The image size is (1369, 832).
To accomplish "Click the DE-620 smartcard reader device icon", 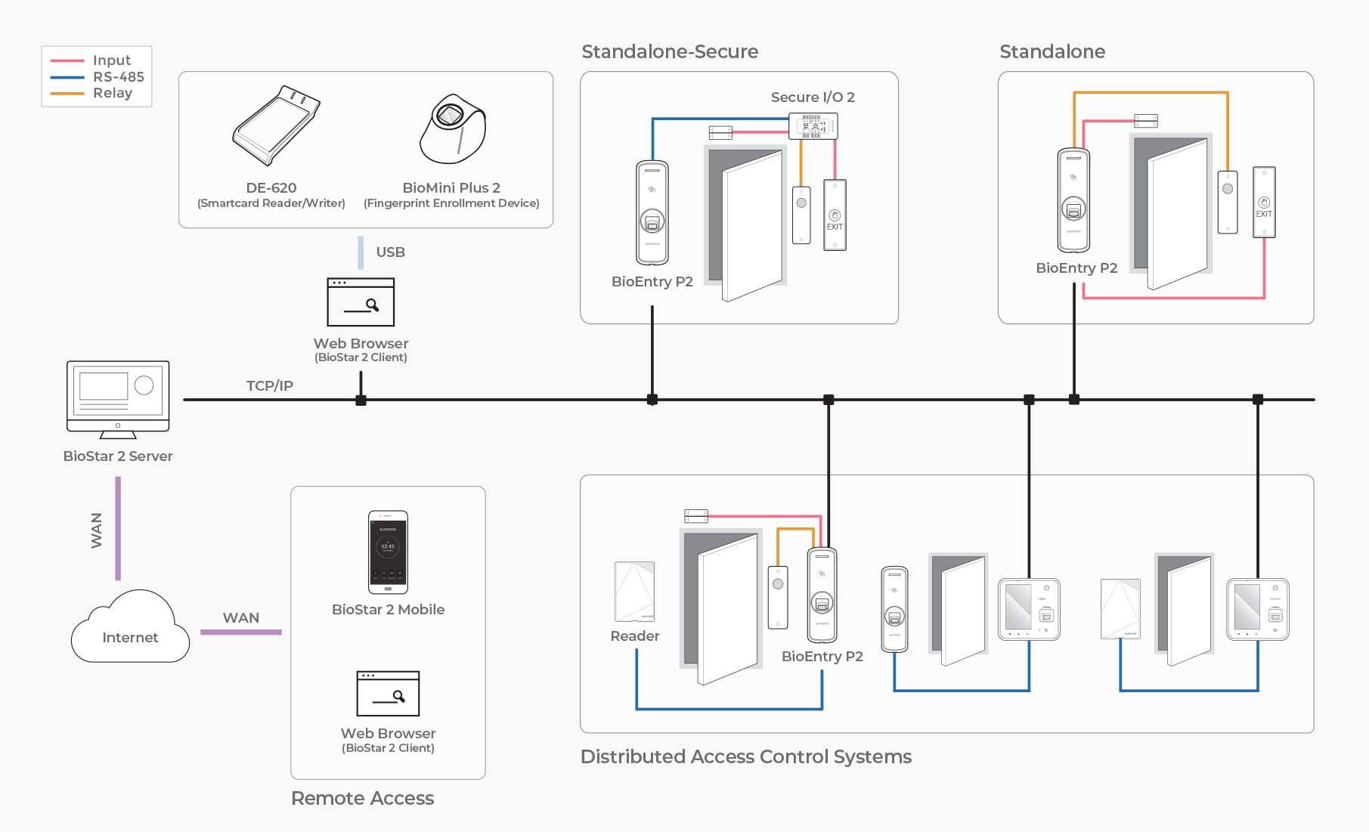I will click(x=275, y=126).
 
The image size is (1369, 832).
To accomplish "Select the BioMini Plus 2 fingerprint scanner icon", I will click(x=453, y=129).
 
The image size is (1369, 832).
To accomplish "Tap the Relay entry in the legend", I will click(x=112, y=93).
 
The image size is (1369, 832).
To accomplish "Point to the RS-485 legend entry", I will click(x=118, y=76).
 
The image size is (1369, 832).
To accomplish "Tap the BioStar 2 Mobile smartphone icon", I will click(x=388, y=552).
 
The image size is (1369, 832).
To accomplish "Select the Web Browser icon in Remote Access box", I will click(x=388, y=694).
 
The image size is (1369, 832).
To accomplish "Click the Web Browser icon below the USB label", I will click(x=361, y=302).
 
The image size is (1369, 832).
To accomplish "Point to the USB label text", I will click(x=390, y=252).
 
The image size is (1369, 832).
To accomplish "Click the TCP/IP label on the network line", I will click(x=269, y=385).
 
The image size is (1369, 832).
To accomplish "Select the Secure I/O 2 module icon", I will click(x=813, y=126).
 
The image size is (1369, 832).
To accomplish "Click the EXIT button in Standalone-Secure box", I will click(x=835, y=215).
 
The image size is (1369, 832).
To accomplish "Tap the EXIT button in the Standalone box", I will click(x=1264, y=203).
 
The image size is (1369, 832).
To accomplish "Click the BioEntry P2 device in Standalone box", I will click(x=1073, y=200).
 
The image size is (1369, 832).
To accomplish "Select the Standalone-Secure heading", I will click(x=670, y=51).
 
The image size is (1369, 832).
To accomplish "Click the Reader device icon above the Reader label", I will click(x=635, y=591).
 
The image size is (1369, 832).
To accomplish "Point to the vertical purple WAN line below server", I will click(x=118, y=528).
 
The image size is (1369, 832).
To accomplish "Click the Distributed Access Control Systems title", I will click(x=745, y=756).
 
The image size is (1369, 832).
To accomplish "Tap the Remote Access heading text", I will click(x=362, y=798).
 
